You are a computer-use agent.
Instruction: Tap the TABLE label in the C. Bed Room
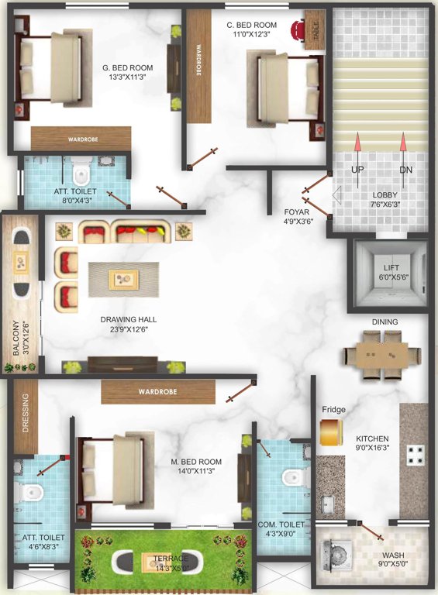click(x=316, y=32)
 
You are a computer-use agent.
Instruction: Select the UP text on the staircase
click(x=357, y=170)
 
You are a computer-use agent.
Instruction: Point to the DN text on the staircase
click(x=405, y=170)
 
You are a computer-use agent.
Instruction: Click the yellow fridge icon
click(x=331, y=432)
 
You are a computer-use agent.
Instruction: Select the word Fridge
click(x=333, y=409)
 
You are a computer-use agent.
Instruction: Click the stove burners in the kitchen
click(x=415, y=452)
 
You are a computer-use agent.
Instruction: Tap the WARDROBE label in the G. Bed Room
click(x=70, y=139)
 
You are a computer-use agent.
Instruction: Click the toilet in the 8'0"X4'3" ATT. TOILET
click(x=81, y=170)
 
